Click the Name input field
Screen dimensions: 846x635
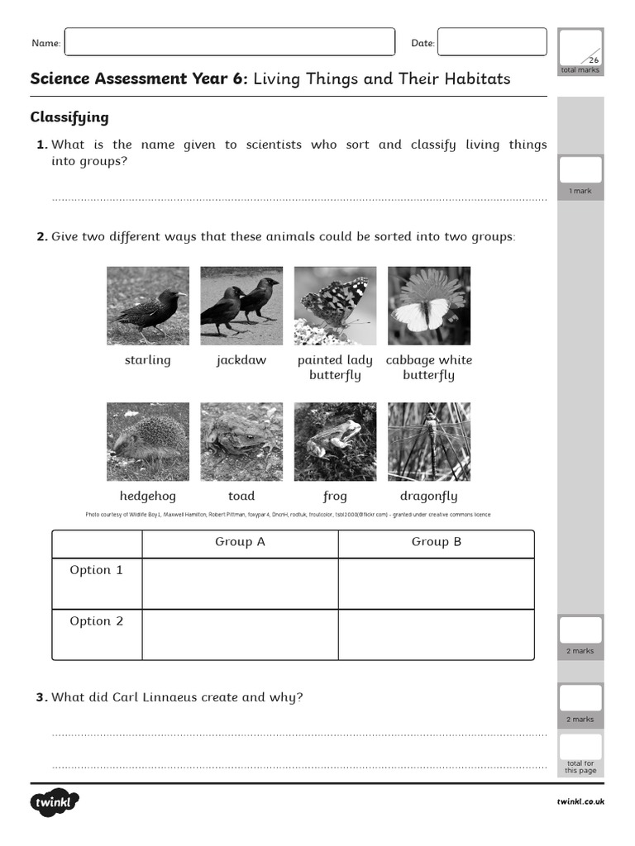click(229, 42)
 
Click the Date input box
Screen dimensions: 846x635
click(492, 42)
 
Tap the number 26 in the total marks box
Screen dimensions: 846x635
click(593, 60)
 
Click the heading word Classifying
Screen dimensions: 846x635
click(69, 117)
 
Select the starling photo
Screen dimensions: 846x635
click(148, 306)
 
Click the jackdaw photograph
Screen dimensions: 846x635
click(241, 306)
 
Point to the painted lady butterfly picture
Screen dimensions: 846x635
click(335, 306)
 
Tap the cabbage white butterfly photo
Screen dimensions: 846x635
click(428, 306)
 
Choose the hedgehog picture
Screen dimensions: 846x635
click(148, 442)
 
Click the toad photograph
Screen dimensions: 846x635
click(241, 442)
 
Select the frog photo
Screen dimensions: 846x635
click(335, 442)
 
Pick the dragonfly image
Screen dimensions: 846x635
click(428, 442)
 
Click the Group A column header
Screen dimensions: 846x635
click(240, 542)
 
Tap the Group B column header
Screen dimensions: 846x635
click(436, 542)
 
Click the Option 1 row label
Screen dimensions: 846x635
click(97, 570)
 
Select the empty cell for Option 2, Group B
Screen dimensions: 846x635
click(436, 634)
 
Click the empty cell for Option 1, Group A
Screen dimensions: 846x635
click(240, 583)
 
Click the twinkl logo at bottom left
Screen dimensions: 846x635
click(55, 802)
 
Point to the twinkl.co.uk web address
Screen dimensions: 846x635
click(580, 801)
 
